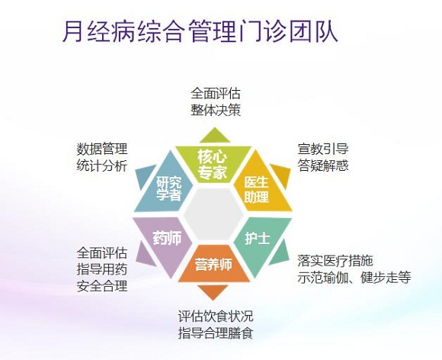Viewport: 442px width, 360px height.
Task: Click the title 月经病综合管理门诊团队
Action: coord(200,31)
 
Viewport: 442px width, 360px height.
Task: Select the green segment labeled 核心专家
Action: coord(213,164)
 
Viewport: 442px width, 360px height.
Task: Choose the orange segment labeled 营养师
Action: coord(213,264)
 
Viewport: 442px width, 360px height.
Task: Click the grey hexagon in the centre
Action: coord(213,214)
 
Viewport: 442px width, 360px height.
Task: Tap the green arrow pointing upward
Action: coord(215,136)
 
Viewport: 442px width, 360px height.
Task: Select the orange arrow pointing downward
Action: coord(213,291)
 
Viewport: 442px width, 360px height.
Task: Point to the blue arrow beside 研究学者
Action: coord(144,177)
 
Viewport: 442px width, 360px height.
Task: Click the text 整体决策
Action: coord(216,110)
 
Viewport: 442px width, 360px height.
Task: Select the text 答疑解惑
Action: coord(323,165)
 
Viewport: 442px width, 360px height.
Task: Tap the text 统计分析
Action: coord(102,166)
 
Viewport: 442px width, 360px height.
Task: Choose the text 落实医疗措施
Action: coord(335,261)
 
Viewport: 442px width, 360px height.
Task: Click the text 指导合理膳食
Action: coord(216,333)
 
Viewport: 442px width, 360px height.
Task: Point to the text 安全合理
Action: coord(102,286)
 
